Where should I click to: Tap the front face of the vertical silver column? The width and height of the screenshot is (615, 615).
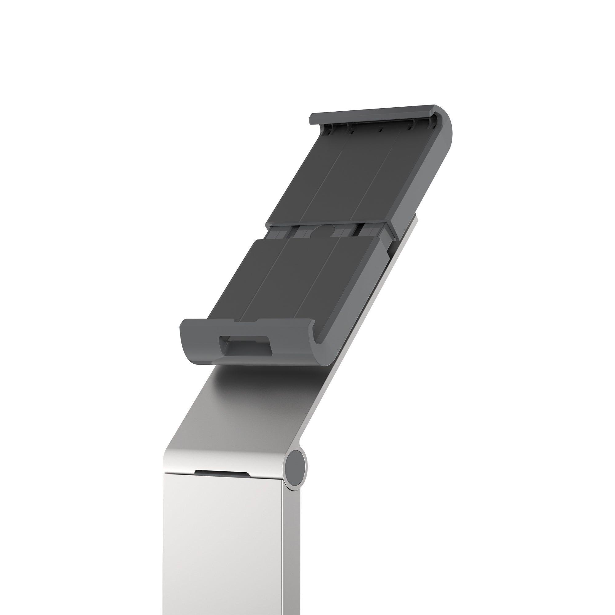(x=223, y=548)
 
